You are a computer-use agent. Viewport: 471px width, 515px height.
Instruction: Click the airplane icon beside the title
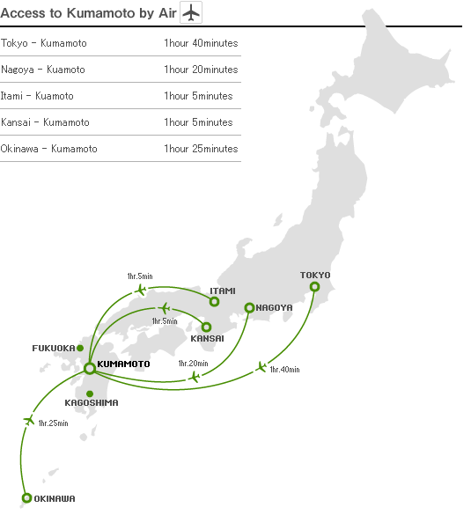[191, 13]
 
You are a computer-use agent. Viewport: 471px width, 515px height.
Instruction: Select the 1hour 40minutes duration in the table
[201, 43]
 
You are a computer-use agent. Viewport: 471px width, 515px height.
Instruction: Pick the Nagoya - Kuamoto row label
[43, 70]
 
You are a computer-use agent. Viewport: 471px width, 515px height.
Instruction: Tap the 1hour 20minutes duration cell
[201, 70]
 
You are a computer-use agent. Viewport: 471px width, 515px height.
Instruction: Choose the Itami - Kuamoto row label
[38, 96]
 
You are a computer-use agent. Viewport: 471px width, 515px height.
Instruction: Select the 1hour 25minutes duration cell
[201, 149]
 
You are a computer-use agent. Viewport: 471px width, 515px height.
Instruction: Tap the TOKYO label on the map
[315, 275]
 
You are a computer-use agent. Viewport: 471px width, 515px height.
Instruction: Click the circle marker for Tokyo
[314, 286]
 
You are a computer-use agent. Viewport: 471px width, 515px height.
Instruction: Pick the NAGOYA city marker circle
[249, 307]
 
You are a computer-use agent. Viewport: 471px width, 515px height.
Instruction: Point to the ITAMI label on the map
[223, 291]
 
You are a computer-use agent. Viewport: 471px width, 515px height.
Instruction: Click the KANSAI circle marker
[207, 327]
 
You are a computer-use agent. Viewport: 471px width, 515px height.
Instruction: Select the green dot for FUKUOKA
[80, 348]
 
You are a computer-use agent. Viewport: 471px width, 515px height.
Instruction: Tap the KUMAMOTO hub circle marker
[89, 368]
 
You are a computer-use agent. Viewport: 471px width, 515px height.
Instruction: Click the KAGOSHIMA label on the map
[92, 402]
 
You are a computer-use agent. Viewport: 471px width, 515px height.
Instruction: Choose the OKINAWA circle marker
[26, 497]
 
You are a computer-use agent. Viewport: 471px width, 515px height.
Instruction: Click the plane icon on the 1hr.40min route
[261, 366]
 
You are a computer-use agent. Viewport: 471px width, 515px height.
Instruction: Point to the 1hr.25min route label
[53, 423]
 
